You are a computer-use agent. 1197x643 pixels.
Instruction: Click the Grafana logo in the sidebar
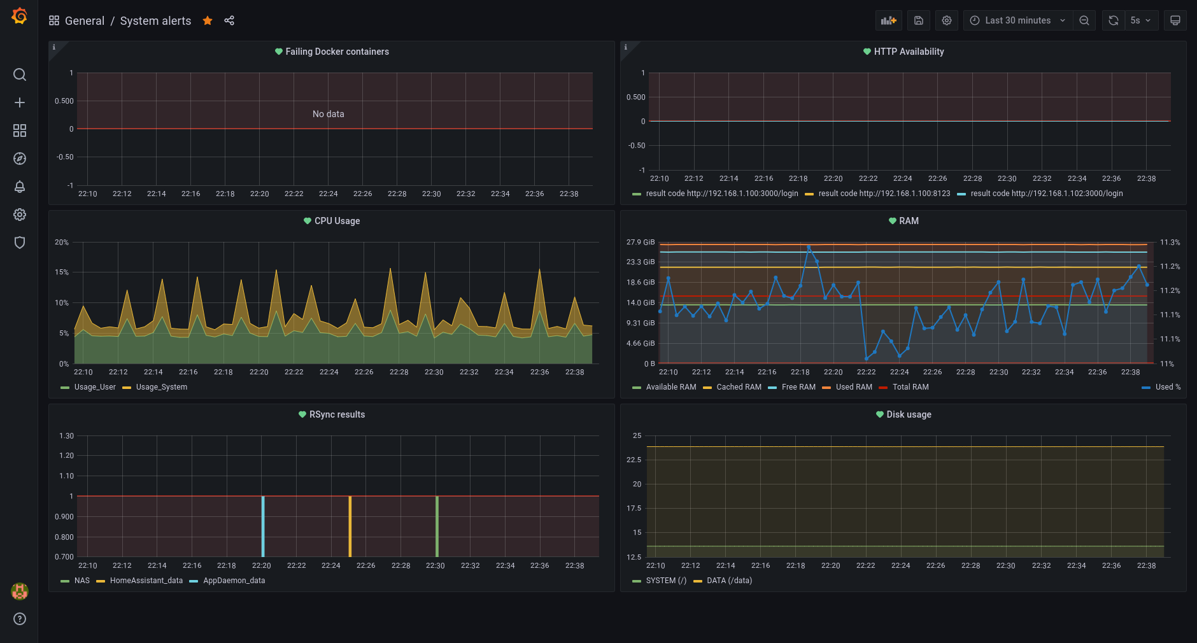coord(19,16)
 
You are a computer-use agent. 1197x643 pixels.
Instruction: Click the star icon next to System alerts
coord(208,20)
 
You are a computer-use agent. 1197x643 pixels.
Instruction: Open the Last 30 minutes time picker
coord(1017,20)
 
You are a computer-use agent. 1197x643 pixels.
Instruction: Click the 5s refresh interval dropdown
coord(1140,20)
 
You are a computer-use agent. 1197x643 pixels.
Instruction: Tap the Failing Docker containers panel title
coord(337,52)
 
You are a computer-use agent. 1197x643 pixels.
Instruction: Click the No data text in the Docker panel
coord(328,114)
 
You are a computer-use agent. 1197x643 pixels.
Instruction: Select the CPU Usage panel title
coord(337,221)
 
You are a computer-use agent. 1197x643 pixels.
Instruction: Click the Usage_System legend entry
coord(161,387)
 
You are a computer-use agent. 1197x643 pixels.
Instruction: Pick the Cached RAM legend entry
coord(739,387)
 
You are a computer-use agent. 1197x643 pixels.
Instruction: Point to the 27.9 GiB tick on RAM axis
coord(640,243)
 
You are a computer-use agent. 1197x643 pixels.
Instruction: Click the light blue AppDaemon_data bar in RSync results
coord(263,526)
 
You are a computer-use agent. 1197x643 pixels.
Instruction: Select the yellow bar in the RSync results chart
coord(350,526)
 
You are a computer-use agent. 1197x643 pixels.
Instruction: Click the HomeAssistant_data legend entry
coord(146,581)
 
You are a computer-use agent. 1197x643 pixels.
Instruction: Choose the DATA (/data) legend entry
coord(729,581)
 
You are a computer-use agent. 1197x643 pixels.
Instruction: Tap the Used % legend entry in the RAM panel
coord(1168,387)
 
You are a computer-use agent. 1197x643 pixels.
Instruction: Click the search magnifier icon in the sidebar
coord(20,74)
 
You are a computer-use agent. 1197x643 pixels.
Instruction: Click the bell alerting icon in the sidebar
coord(20,187)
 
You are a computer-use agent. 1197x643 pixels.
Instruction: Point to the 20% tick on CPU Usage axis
coord(62,243)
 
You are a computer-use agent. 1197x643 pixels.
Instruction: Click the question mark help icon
coord(20,619)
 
